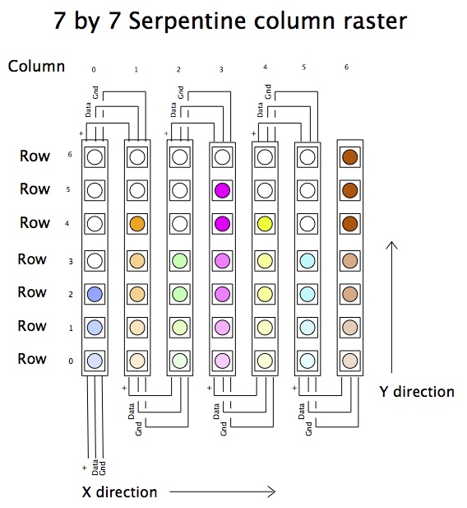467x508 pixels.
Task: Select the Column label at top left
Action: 36,66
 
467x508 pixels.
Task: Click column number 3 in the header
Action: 221,70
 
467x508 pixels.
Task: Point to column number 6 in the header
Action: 346,67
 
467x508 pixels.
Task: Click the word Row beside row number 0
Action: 33,359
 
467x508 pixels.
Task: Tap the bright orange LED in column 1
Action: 136,223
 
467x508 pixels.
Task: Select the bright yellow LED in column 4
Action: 264,223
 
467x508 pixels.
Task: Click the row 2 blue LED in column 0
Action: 95,292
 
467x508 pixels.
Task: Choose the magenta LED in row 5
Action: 221,189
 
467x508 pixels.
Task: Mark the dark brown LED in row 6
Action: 349,156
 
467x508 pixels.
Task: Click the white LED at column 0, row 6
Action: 95,156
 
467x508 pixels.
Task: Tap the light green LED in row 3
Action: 179,259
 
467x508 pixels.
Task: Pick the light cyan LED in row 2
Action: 306,292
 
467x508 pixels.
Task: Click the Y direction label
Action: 416,392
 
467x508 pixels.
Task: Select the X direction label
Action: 119,492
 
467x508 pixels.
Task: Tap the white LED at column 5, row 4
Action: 306,223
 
